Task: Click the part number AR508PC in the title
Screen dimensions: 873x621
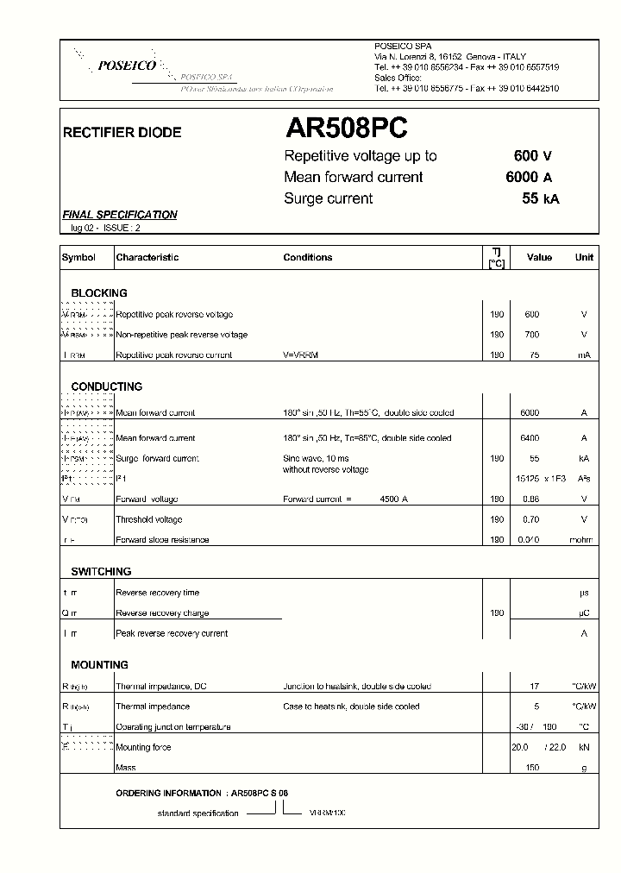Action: pyautogui.click(x=346, y=129)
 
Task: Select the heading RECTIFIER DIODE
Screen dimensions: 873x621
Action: pyautogui.click(x=122, y=133)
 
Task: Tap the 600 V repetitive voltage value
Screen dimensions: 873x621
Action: pyautogui.click(x=532, y=156)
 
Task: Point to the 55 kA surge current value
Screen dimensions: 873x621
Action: pyautogui.click(x=541, y=198)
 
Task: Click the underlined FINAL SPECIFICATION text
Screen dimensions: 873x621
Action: pyautogui.click(x=120, y=215)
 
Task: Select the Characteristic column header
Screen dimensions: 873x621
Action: pyautogui.click(x=147, y=257)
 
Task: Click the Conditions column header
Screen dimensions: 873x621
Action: pyautogui.click(x=307, y=257)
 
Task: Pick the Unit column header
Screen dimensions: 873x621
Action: pyautogui.click(x=584, y=257)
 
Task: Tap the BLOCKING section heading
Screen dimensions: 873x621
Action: pyautogui.click(x=99, y=293)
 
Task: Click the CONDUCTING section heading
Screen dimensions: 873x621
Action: pyautogui.click(x=107, y=386)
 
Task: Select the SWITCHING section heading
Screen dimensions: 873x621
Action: pyautogui.click(x=101, y=571)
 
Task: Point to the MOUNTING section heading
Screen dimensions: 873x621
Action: pyautogui.click(x=99, y=664)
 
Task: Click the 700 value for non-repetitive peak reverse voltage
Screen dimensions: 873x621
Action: pyautogui.click(x=531, y=335)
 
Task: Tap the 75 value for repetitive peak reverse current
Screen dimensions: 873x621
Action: pyautogui.click(x=534, y=355)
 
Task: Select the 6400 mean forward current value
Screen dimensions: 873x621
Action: pyautogui.click(x=530, y=438)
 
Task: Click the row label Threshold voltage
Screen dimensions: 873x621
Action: pyautogui.click(x=149, y=519)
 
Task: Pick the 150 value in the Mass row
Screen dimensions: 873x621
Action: pyautogui.click(x=532, y=768)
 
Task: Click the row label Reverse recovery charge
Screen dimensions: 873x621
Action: pyautogui.click(x=162, y=613)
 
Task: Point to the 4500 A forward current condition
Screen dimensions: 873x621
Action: pyautogui.click(x=393, y=499)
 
